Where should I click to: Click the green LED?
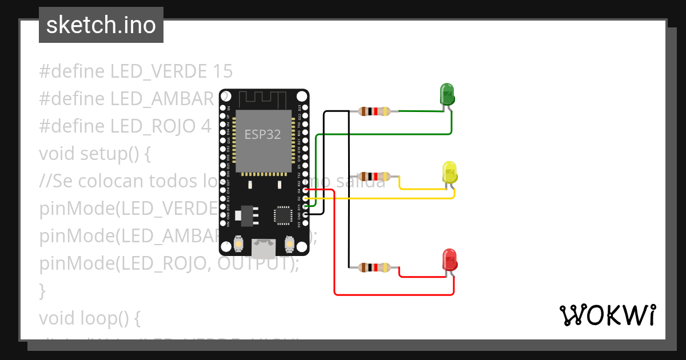coord(446,94)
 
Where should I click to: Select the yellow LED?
coord(450,172)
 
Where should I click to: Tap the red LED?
coord(449,259)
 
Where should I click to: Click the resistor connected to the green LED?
coord(375,111)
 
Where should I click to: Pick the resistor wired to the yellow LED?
coord(375,177)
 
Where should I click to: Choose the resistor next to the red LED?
coord(375,267)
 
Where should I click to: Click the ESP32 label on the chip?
coord(263,134)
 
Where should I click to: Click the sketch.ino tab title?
coord(101,25)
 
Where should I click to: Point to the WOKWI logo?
coord(607,315)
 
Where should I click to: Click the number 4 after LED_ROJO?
coord(206,126)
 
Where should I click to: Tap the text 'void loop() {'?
coord(89,318)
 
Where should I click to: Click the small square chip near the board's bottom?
coord(282,215)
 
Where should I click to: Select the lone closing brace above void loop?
coord(42,291)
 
